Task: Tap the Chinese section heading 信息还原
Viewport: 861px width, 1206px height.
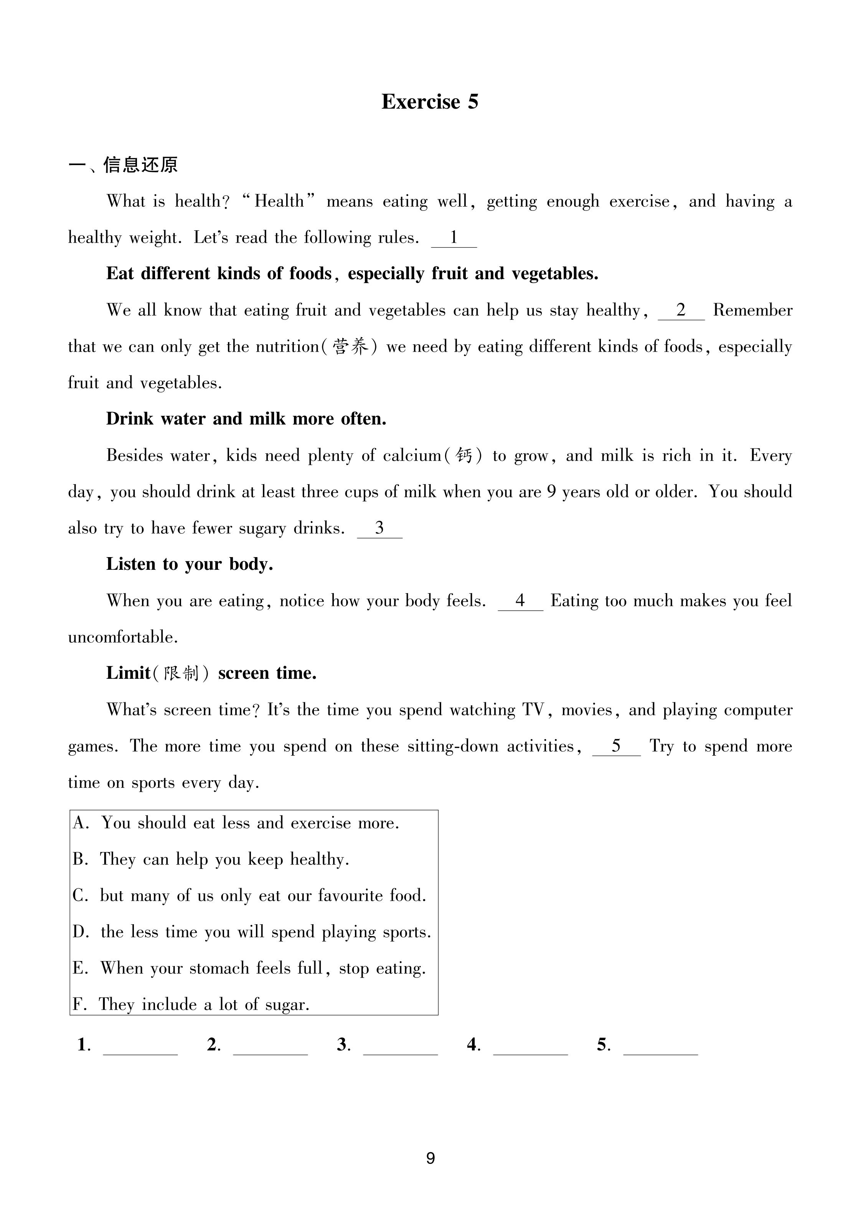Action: (140, 165)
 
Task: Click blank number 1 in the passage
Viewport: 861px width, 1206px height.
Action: (454, 238)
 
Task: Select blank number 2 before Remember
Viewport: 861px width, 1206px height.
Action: (681, 311)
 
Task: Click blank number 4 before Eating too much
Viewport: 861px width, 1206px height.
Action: (520, 601)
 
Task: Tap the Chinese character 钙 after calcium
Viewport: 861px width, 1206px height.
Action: (464, 456)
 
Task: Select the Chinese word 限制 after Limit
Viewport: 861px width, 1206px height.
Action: (181, 674)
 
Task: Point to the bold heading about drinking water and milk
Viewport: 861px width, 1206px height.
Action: (246, 419)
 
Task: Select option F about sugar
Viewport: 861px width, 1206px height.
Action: (191, 1004)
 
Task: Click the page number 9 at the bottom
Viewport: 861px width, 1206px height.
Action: (430, 1158)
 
